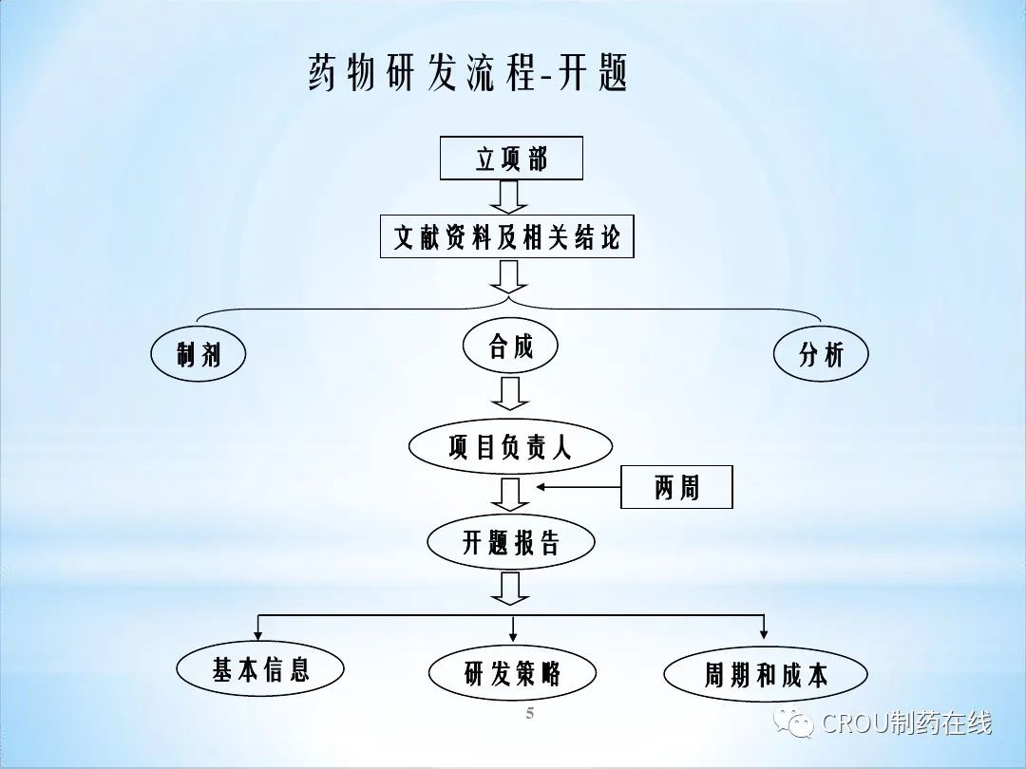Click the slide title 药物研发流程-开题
point(468,74)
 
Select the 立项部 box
point(511,159)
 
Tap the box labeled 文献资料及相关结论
point(507,236)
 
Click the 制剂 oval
point(199,355)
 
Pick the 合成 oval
point(510,346)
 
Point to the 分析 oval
point(821,354)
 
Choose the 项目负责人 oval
point(510,447)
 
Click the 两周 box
point(676,488)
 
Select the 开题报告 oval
point(511,543)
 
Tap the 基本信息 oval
point(260,670)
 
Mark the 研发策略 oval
point(512,674)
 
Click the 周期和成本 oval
point(765,675)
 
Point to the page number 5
point(530,714)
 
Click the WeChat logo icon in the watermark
point(793,722)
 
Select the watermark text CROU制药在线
point(906,722)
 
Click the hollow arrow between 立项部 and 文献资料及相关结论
point(510,197)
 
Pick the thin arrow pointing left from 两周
point(578,488)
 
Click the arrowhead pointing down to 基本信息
point(258,632)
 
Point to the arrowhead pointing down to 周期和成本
point(764,632)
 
